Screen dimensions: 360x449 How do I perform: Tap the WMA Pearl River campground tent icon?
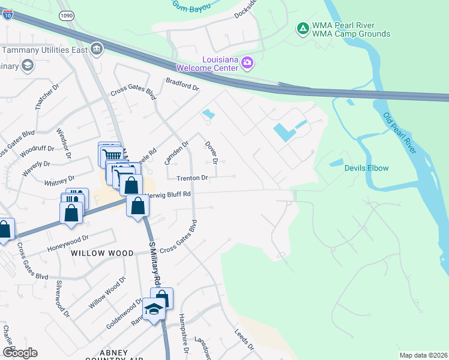303,28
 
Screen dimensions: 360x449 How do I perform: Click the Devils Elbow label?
366,168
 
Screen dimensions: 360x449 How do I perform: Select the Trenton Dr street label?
192,178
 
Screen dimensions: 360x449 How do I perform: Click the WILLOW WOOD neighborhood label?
102,253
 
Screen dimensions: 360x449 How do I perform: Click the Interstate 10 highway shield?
7,14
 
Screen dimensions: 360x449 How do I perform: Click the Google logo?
20,353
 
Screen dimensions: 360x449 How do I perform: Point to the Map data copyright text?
423,355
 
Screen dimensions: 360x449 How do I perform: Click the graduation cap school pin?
154,309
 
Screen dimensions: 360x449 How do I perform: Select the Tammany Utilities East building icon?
96,49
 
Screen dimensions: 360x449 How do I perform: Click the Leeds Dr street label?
245,340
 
